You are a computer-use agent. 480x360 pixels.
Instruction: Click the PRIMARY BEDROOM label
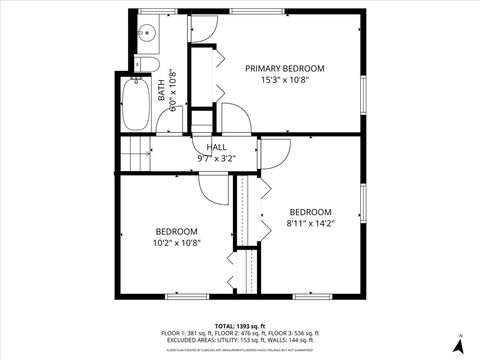click(x=285, y=68)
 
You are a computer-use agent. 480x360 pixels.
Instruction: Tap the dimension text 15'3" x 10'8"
click(x=285, y=80)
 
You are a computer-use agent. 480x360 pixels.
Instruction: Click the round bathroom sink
click(x=146, y=33)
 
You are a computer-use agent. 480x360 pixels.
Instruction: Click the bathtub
click(x=134, y=105)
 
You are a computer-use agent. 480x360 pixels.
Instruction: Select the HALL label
click(x=217, y=147)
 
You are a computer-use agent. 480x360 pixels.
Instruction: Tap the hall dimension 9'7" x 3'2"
click(x=217, y=158)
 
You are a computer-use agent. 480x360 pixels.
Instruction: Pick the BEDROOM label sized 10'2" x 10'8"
click(x=176, y=231)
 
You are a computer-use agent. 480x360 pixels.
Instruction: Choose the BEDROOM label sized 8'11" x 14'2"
click(x=310, y=212)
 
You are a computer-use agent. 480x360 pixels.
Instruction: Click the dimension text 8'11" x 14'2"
click(x=310, y=224)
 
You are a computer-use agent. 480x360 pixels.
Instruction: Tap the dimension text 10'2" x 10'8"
click(x=176, y=243)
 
